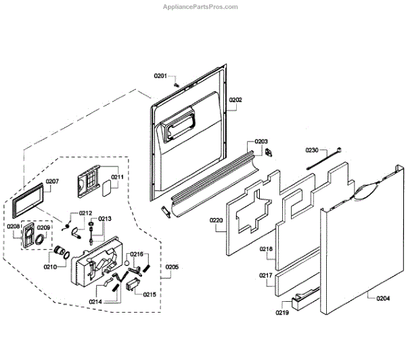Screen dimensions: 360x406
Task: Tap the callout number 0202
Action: (235, 100)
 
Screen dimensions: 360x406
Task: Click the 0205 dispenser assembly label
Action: (171, 267)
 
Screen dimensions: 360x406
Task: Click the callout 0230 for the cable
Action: (312, 150)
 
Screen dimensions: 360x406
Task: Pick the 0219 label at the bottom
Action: (282, 313)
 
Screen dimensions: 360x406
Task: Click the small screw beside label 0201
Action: (176, 85)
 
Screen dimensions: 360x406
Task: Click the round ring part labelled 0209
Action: (42, 239)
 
